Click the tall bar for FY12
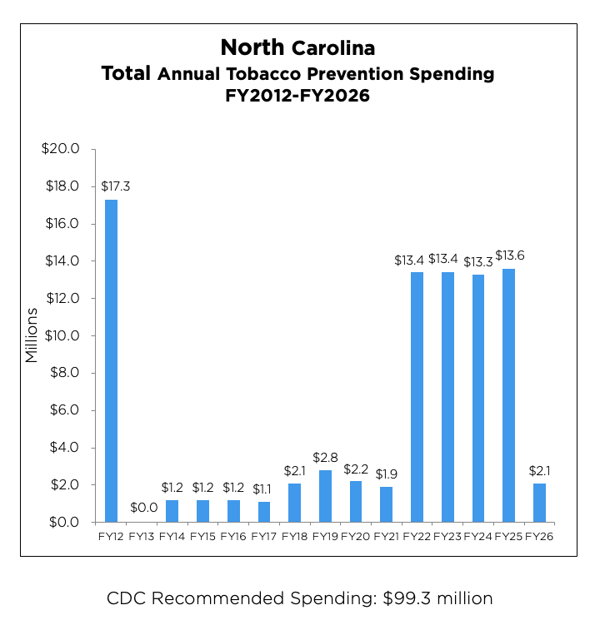(111, 360)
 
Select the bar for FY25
(508, 395)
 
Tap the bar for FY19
(325, 496)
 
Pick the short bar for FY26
(539, 503)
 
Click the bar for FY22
(417, 397)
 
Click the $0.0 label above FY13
(142, 508)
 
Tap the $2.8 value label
(325, 458)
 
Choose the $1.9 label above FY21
(386, 474)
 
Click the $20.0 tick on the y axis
(60, 149)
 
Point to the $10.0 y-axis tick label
(60, 335)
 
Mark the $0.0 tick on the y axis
(62, 522)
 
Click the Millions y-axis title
(32, 335)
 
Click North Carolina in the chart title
(297, 47)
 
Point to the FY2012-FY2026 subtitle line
(297, 96)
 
